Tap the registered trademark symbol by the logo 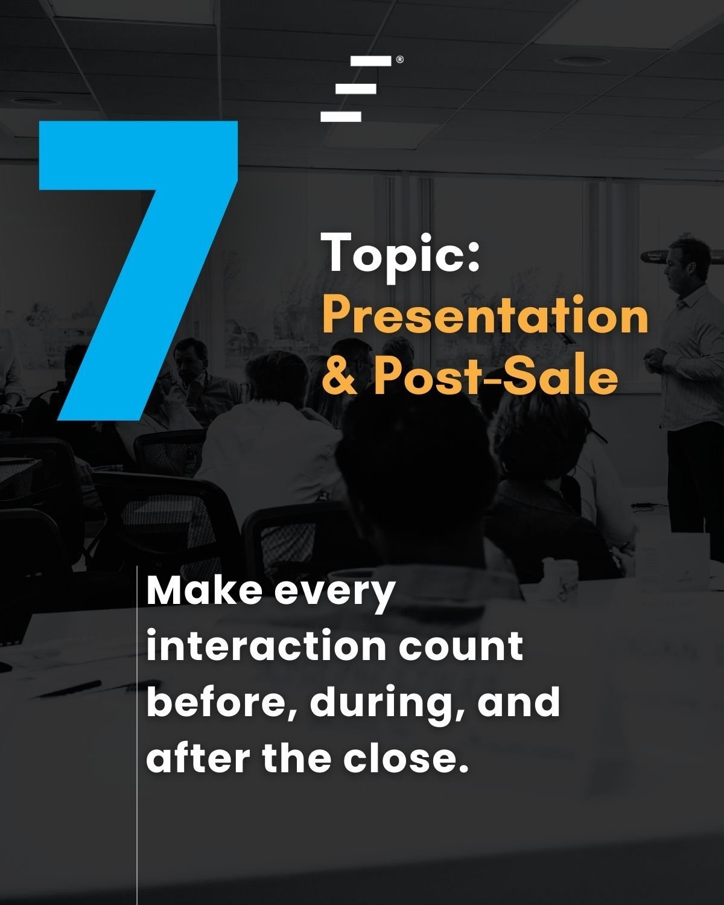(399, 60)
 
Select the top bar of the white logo (370, 60)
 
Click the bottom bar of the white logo (341, 116)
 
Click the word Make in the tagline (205, 591)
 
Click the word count (461, 647)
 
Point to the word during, (389, 703)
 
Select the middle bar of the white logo (356, 89)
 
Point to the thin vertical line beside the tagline (137, 735)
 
